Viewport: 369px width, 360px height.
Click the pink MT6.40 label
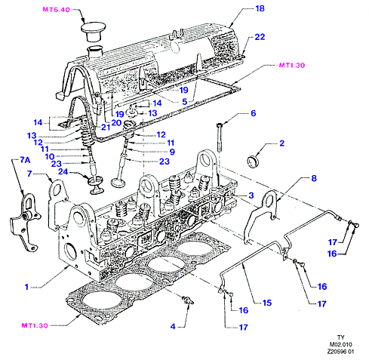pos(56,10)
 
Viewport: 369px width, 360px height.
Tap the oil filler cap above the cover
pos(93,31)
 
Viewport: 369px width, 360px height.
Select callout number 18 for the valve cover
pos(260,8)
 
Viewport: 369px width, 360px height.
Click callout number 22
pos(260,37)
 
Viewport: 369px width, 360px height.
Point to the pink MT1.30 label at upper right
pos(292,66)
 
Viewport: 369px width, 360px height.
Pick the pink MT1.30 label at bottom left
pos(35,325)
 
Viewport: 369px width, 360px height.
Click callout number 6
pos(254,113)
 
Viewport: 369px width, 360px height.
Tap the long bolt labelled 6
pos(220,137)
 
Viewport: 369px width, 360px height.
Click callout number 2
pos(282,143)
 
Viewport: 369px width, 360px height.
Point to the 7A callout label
pos(25,160)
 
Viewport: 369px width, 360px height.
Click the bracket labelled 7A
pos(25,221)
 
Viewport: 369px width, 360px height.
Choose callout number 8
pos(314,178)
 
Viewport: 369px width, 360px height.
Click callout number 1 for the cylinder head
pos(26,287)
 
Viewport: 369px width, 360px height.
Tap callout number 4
pos(173,327)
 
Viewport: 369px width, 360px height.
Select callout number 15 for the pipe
pos(267,303)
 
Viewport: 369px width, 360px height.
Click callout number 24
pos(63,171)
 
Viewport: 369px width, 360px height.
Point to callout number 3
pos(251,195)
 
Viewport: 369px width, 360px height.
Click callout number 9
pos(172,152)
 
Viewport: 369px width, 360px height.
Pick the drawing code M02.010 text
pos(341,344)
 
